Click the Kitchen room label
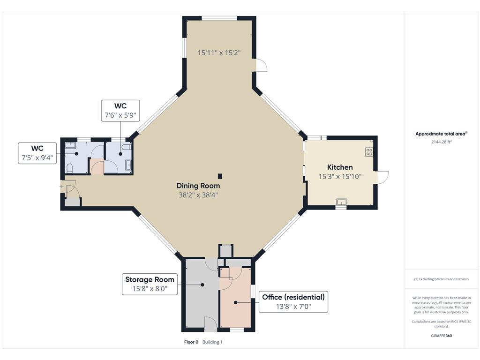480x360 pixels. click(340, 167)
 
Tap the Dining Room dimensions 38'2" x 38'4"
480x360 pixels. click(198, 195)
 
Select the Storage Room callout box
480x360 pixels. click(150, 284)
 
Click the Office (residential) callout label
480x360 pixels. click(293, 302)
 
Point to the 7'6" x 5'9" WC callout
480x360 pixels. click(120, 111)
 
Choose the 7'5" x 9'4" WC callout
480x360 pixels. click(37, 153)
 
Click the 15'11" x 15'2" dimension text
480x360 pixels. click(219, 52)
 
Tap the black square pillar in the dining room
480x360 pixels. click(220, 176)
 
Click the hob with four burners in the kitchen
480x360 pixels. click(369, 152)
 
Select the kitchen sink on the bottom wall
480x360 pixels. click(341, 202)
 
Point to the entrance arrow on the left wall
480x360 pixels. click(61, 187)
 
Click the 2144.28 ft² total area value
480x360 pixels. click(442, 142)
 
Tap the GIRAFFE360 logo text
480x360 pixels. click(442, 336)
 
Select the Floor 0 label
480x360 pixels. click(191, 342)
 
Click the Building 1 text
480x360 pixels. click(212, 342)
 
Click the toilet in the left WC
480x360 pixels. click(69, 168)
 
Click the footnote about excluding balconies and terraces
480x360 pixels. click(442, 279)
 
